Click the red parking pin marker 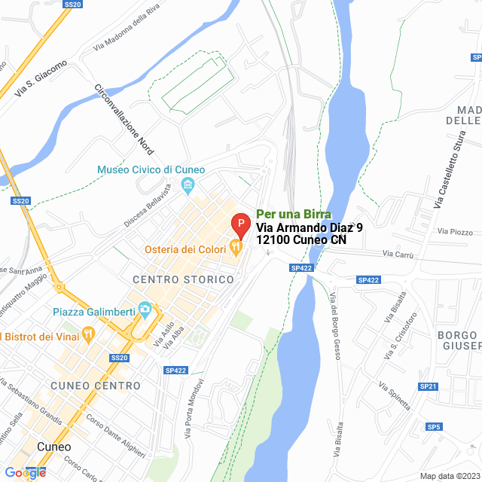point(239,224)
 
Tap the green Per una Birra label point(294,214)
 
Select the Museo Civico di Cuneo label point(146,170)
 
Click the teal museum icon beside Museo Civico point(188,185)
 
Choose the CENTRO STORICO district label point(183,279)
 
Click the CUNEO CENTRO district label point(96,386)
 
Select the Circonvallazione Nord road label point(124,120)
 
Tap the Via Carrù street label point(398,255)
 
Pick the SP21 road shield point(429,386)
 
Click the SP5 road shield point(434,427)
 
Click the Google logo point(25,472)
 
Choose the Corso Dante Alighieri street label point(115,435)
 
